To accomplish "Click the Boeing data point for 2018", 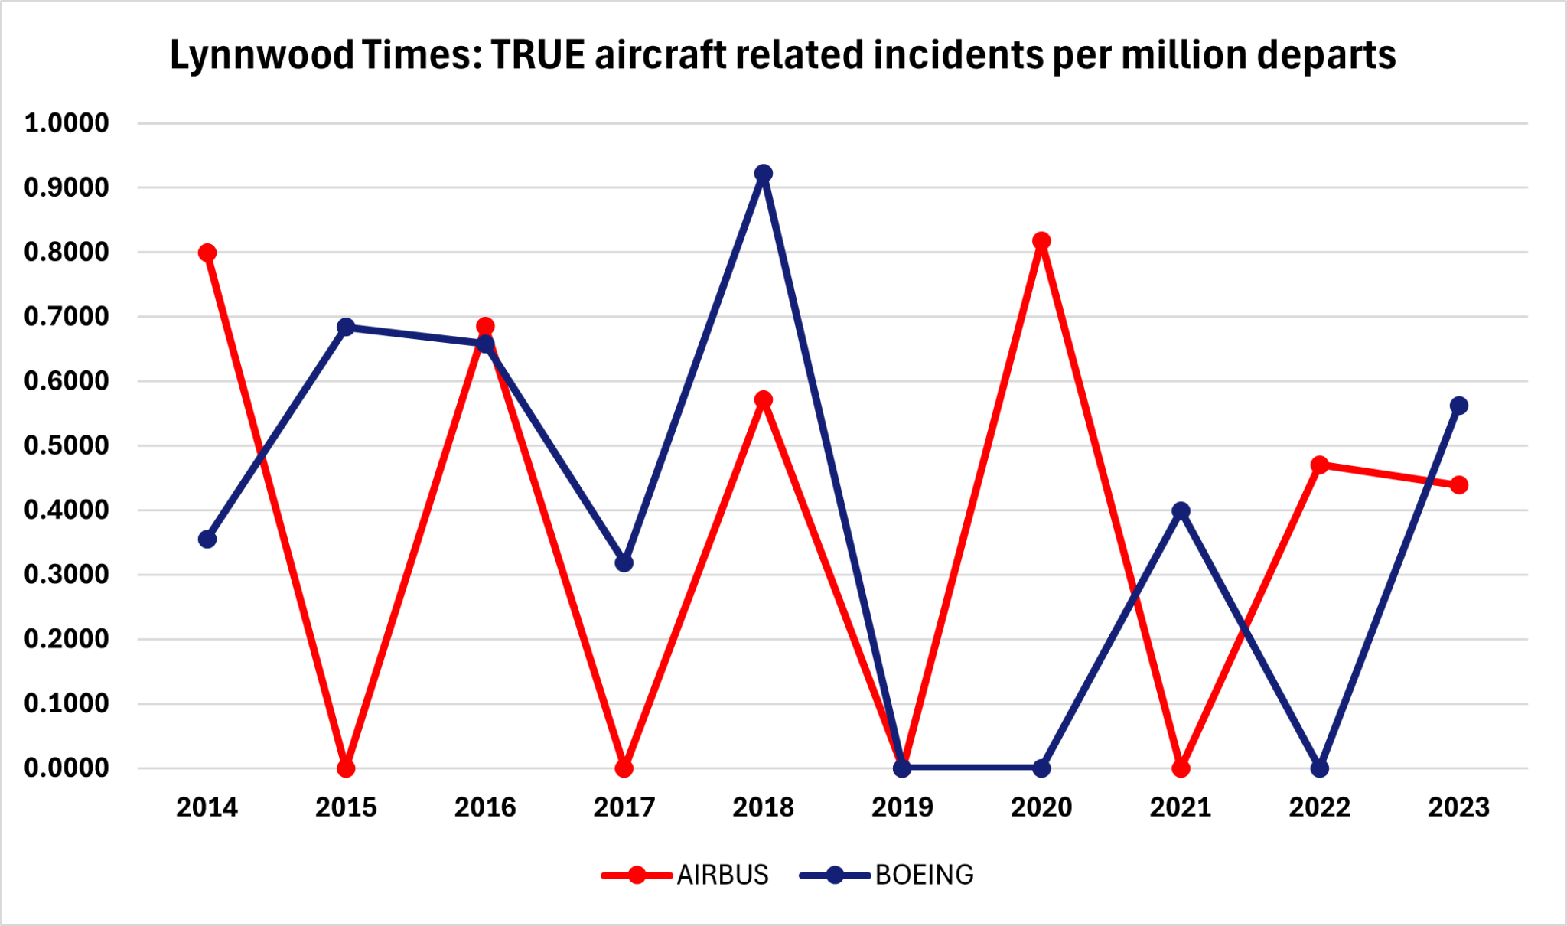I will coord(763,174).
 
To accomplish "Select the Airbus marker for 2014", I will coord(207,253).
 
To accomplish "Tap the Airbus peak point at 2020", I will coord(1041,241).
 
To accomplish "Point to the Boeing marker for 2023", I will coord(1458,406).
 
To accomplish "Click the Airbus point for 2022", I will coord(1319,465).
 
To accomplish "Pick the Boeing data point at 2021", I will coord(1181,510).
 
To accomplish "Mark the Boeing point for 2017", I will coord(624,563).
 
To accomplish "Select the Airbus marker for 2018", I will coord(763,399).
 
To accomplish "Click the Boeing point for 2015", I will coord(346,327).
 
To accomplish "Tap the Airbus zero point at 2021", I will coord(1181,768).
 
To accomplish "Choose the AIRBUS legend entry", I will coord(722,875).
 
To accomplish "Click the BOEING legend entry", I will coord(924,875).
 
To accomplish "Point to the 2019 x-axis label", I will coord(902,807).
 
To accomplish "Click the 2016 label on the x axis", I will coord(485,807).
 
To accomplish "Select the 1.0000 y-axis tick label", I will coord(67,122).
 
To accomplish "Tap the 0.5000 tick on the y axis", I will coord(67,445).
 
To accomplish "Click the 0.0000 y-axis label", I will coord(67,768).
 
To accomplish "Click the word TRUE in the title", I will coord(538,55).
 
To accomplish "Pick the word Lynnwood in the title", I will coord(262,55).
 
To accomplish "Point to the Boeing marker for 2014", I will coord(207,540).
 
